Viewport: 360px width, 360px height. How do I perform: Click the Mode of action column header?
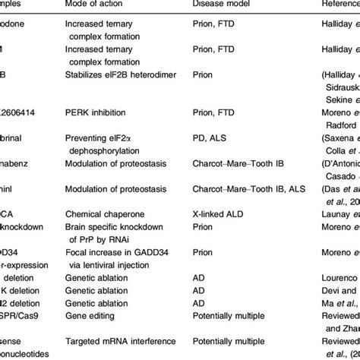click(x=94, y=5)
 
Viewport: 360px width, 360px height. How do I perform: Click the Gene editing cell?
click(x=89, y=314)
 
